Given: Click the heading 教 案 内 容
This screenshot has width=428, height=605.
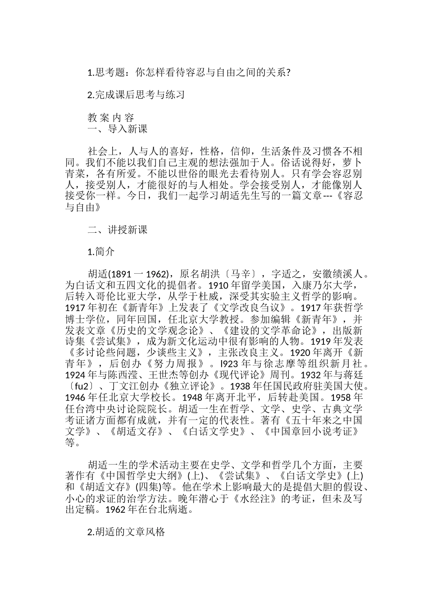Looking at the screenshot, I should point(111,118).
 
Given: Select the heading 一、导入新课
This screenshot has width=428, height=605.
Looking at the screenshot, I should point(118,129).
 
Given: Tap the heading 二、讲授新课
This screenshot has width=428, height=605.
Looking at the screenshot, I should point(118,230).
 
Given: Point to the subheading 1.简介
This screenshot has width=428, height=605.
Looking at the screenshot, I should point(101,252).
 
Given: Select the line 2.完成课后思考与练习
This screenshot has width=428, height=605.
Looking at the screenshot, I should point(136,95).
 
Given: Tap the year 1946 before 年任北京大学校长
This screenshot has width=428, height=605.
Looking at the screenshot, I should point(75,397).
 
